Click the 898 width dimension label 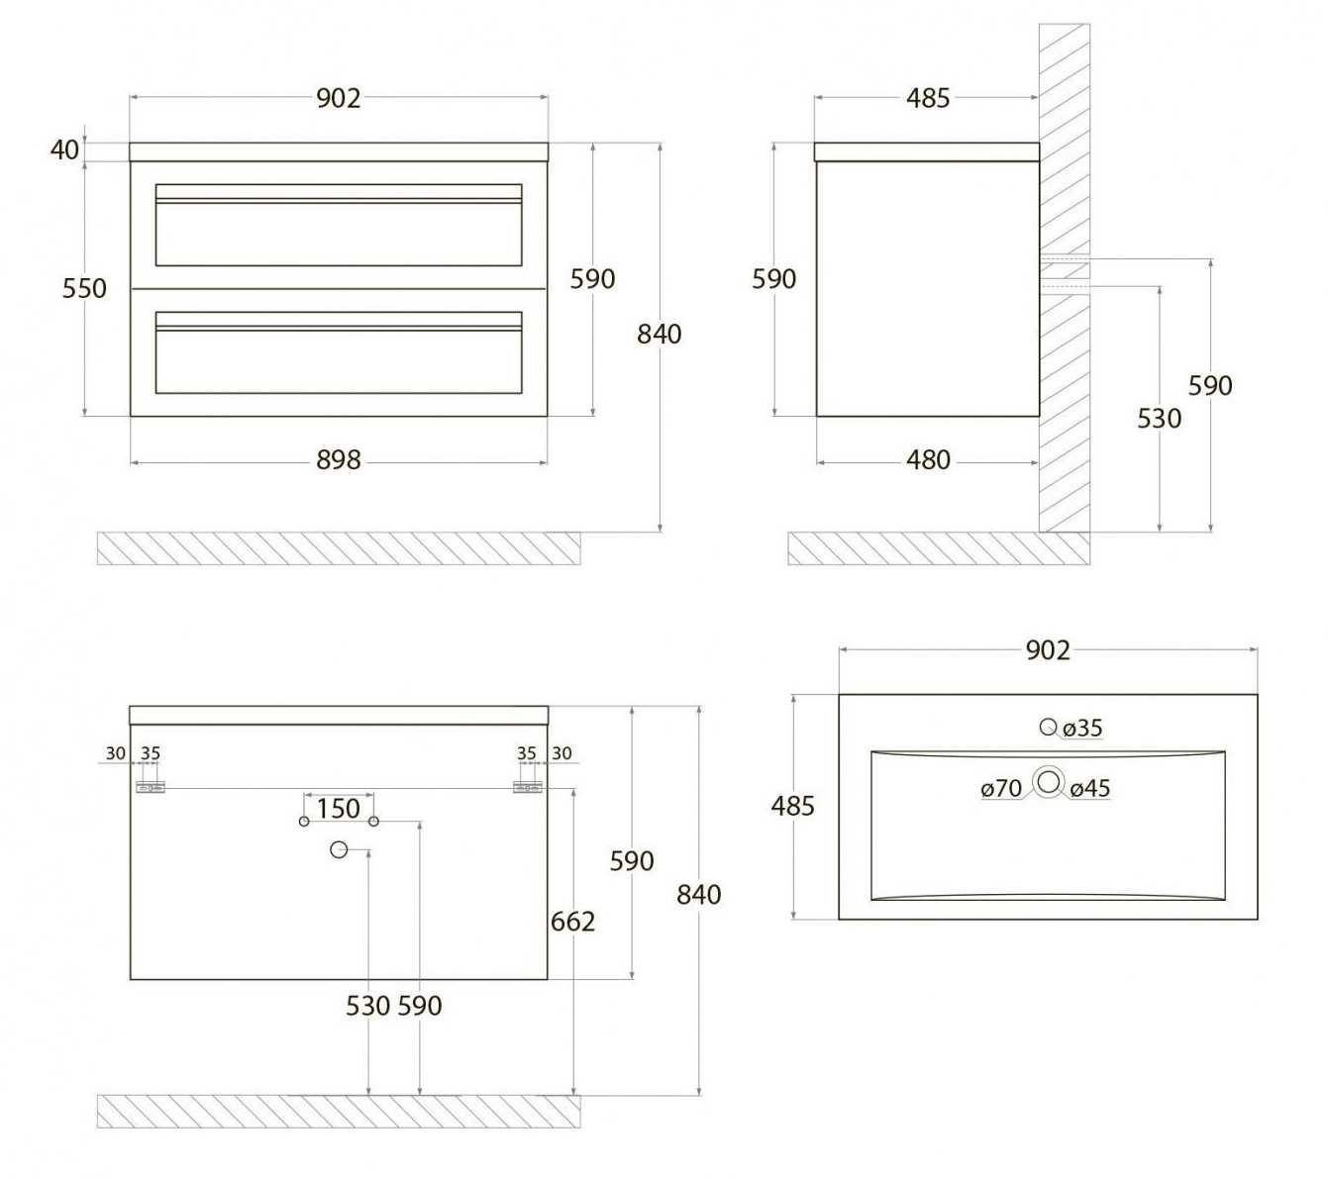tap(339, 460)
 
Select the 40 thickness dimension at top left tap(65, 149)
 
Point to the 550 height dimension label tap(84, 288)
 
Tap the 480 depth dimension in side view tap(928, 460)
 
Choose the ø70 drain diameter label tap(1001, 788)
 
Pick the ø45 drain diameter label tap(1090, 788)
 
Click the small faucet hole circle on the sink tap(1048, 727)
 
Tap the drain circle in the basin tap(1049, 782)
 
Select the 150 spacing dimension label tap(339, 809)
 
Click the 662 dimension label tap(572, 922)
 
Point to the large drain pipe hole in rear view tap(339, 850)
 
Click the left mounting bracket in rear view tap(151, 787)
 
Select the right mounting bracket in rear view tap(528, 787)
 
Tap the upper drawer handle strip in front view tap(339, 201)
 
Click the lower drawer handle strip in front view tap(339, 328)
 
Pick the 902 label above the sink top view tap(1048, 650)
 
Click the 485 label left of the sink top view tap(792, 806)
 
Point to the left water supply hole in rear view tap(304, 822)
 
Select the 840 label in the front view tap(660, 335)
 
